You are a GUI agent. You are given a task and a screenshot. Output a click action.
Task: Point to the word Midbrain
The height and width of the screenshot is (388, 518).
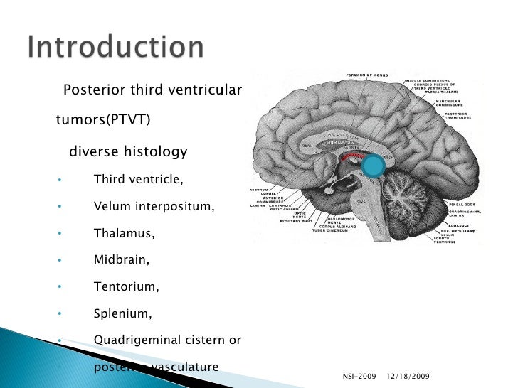[x=122, y=260]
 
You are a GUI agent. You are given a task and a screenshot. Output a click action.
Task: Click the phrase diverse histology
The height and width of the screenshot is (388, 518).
[x=127, y=152]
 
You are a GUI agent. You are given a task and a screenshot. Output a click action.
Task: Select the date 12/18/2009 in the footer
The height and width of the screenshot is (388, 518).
[x=408, y=375]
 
